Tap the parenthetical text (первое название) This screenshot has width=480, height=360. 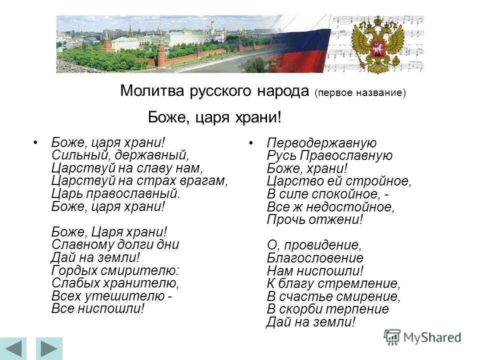(x=360, y=93)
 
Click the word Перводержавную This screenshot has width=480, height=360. (x=321, y=143)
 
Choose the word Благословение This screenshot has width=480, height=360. (x=315, y=258)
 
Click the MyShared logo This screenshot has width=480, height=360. (x=422, y=337)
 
